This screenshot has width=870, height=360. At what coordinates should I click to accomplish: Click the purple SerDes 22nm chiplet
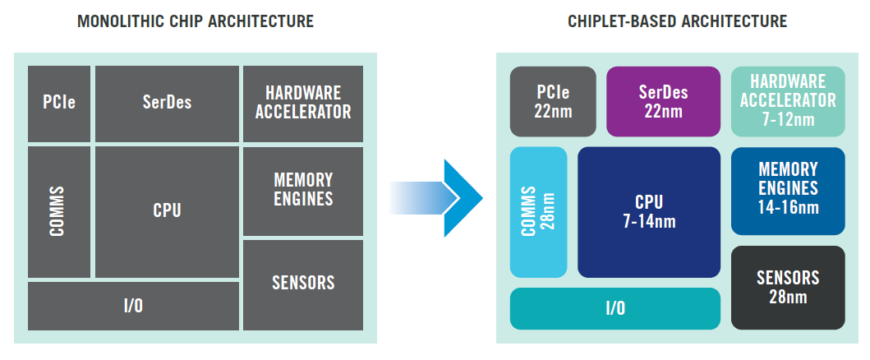tap(663, 102)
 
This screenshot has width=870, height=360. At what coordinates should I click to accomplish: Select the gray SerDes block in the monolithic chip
tap(167, 104)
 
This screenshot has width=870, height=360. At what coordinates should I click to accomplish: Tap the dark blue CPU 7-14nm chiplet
tap(649, 212)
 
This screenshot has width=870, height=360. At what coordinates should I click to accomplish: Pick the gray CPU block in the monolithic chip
tap(167, 212)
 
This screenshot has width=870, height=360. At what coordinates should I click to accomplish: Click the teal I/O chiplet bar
tap(615, 308)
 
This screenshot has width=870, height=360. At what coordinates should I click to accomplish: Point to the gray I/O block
tap(133, 307)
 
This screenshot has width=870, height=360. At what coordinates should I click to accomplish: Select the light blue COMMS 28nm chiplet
tap(538, 212)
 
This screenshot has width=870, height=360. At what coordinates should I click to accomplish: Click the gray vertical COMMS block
tap(59, 212)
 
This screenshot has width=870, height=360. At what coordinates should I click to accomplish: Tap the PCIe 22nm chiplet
tap(553, 102)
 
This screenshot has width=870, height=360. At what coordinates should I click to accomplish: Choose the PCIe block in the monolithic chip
tap(59, 104)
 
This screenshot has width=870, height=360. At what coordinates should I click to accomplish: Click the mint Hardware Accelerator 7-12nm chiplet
tap(788, 102)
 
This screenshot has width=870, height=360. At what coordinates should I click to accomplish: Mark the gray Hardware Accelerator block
tap(303, 104)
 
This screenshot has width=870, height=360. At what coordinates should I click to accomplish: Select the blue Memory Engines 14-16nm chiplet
tap(788, 191)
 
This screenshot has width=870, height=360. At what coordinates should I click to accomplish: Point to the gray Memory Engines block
tap(303, 191)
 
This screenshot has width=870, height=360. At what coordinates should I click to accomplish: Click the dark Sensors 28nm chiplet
tap(788, 288)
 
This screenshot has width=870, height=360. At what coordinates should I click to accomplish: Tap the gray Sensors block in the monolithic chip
tap(303, 285)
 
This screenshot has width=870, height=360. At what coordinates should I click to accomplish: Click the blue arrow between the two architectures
tap(435, 198)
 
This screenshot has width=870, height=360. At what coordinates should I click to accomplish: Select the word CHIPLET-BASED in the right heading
tap(621, 21)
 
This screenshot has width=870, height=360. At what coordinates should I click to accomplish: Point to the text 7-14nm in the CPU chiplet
tap(649, 221)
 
